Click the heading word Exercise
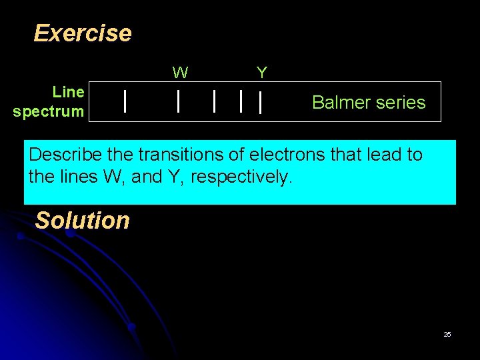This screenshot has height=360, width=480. click(x=83, y=33)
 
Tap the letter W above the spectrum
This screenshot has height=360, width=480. click(x=179, y=72)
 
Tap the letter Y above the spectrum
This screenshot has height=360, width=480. click(x=262, y=72)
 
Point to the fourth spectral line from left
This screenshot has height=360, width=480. click(x=241, y=101)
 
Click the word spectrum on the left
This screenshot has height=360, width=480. click(x=49, y=111)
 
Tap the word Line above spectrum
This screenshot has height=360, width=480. click(x=69, y=91)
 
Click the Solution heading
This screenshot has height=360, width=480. click(x=82, y=220)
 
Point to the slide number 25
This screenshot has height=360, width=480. click(x=447, y=334)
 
